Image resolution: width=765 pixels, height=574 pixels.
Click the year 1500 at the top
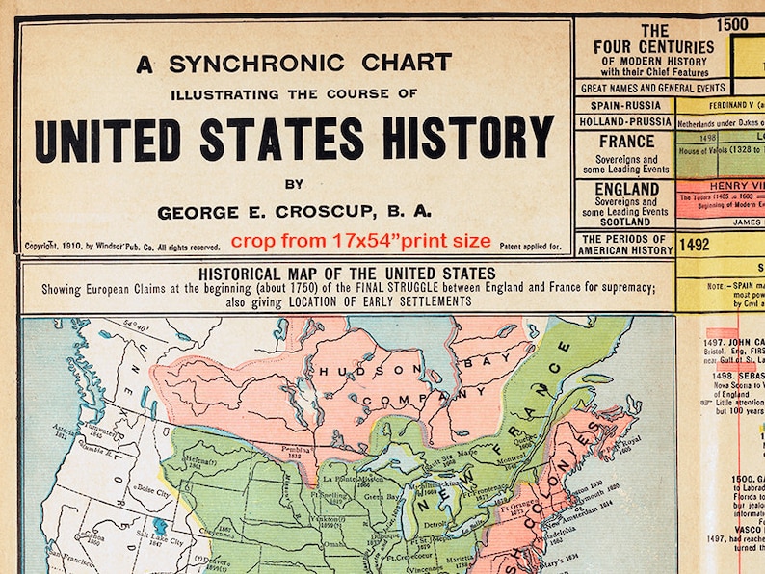[732, 24]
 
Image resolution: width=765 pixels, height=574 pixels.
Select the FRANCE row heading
[626, 141]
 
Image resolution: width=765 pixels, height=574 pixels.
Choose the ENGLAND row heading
[626, 189]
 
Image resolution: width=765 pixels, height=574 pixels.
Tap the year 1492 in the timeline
[694, 245]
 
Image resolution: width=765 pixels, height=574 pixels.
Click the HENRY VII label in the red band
[737, 186]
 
